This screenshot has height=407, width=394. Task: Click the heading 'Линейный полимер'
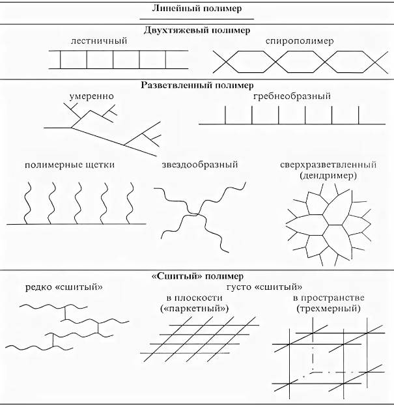pyautogui.click(x=197, y=9)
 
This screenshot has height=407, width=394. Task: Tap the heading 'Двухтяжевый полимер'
pyautogui.click(x=197, y=30)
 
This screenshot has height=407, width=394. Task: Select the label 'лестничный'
pyautogui.click(x=99, y=41)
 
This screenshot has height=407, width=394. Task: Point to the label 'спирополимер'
pyautogui.click(x=300, y=41)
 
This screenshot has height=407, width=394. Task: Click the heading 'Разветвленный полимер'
pyautogui.click(x=197, y=85)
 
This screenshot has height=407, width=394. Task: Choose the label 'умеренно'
pyautogui.click(x=91, y=96)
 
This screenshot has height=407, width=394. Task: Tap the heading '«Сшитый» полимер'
pyautogui.click(x=197, y=275)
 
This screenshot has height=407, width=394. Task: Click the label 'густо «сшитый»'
pyautogui.click(x=263, y=287)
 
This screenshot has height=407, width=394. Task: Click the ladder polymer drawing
pyautogui.click(x=113, y=60)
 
